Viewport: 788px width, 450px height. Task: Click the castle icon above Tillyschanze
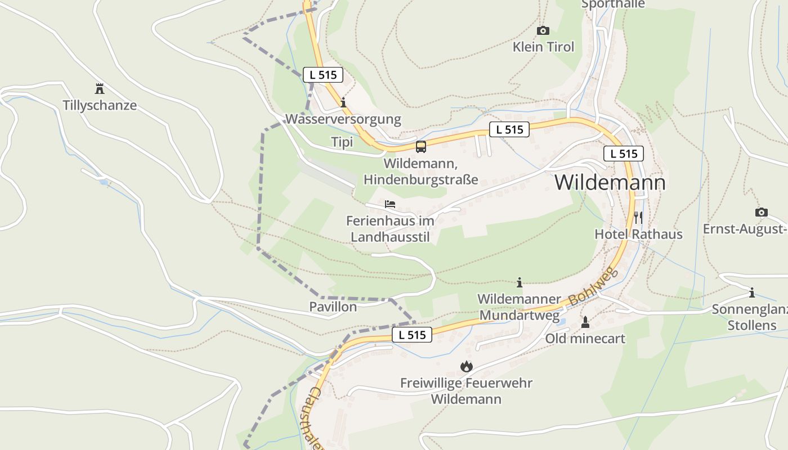pyautogui.click(x=100, y=88)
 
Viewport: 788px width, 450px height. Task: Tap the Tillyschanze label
pyautogui.click(x=100, y=106)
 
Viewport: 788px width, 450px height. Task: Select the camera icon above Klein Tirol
pyautogui.click(x=543, y=30)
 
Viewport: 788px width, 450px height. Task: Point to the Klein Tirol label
pyautogui.click(x=543, y=47)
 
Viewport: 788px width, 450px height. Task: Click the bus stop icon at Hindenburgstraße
pyautogui.click(x=421, y=147)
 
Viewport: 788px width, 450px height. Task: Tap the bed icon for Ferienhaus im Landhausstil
pyautogui.click(x=390, y=204)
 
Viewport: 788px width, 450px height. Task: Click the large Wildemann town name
pyautogui.click(x=610, y=182)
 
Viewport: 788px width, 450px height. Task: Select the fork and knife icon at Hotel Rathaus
pyautogui.click(x=638, y=217)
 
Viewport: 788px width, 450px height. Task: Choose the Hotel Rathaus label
pyautogui.click(x=638, y=234)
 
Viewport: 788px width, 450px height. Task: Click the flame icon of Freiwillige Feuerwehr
pyautogui.click(x=466, y=367)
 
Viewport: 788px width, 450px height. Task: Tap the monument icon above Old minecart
pyautogui.click(x=585, y=322)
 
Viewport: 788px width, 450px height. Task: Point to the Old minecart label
pyautogui.click(x=585, y=339)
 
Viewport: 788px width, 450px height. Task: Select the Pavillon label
pyautogui.click(x=333, y=307)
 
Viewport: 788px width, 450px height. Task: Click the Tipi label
pyautogui.click(x=342, y=142)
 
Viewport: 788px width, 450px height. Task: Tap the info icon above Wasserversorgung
pyautogui.click(x=343, y=102)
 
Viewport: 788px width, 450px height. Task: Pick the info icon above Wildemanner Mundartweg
pyautogui.click(x=520, y=282)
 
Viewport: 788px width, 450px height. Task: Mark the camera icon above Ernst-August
pyautogui.click(x=761, y=212)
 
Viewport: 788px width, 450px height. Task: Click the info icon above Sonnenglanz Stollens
pyautogui.click(x=751, y=292)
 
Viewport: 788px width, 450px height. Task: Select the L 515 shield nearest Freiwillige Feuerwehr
pyautogui.click(x=412, y=335)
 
